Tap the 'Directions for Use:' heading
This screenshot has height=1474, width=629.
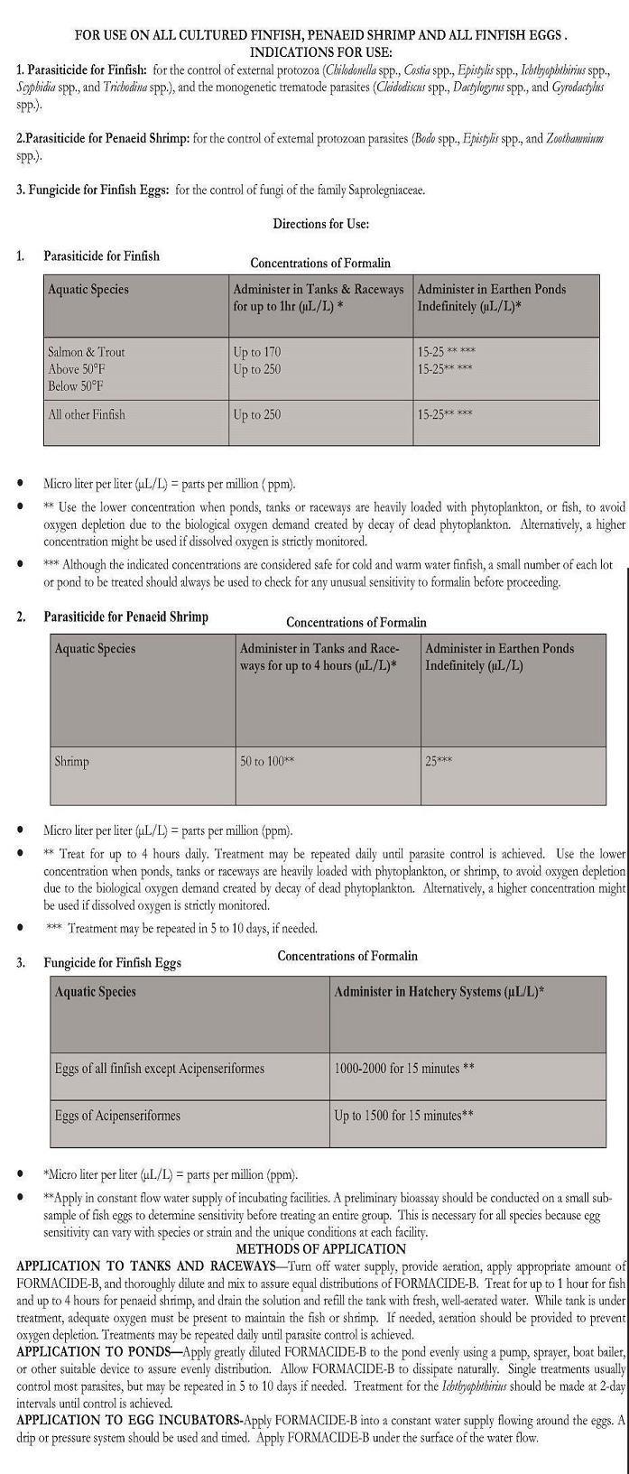tap(320, 224)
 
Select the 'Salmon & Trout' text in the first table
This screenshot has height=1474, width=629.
tap(87, 352)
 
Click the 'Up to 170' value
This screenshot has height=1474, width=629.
tap(257, 352)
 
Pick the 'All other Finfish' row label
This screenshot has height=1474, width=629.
tap(87, 415)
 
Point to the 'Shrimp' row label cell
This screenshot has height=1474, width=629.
tap(72, 762)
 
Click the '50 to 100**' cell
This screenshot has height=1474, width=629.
tap(267, 762)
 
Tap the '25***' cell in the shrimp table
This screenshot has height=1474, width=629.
tap(439, 762)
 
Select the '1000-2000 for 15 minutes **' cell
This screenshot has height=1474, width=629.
tap(404, 1069)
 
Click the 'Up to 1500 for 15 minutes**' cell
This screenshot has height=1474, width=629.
tap(404, 1116)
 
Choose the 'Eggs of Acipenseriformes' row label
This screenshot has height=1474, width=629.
tap(117, 1116)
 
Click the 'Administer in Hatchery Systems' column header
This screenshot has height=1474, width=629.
tap(439, 991)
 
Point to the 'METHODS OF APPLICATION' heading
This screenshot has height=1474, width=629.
tap(320, 1249)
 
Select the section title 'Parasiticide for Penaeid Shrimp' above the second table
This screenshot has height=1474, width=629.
tap(125, 617)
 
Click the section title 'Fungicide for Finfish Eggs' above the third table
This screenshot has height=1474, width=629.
tap(112, 962)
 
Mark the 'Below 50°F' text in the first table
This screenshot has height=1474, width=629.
tap(76, 386)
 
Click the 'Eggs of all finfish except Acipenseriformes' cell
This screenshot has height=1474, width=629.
tap(160, 1069)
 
